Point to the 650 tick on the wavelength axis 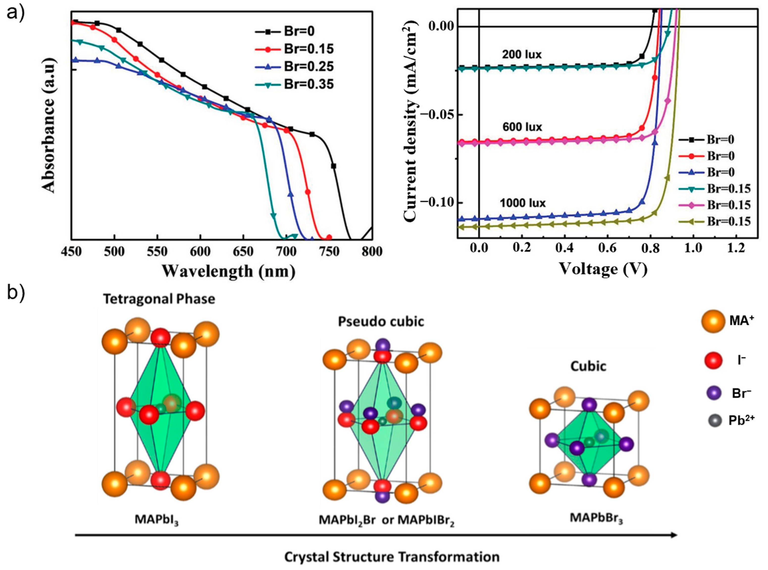coord(243,252)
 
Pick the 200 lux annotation coord(522,54)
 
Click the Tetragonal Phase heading coord(159,299)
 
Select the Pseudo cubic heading coord(381,322)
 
